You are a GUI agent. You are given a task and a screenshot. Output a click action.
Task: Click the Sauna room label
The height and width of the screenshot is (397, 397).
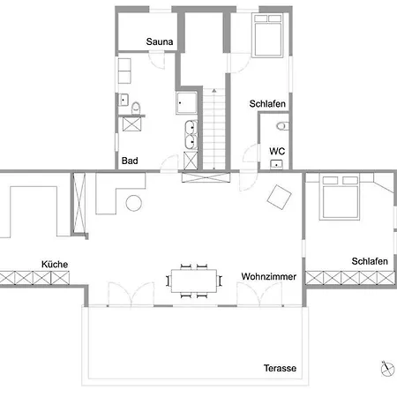point(160,41)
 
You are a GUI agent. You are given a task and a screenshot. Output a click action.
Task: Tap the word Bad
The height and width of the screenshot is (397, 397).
point(130,161)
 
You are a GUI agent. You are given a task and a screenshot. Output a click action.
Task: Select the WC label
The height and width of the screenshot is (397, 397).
point(277,151)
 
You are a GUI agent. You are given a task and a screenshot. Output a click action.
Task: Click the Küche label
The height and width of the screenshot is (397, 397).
point(55,264)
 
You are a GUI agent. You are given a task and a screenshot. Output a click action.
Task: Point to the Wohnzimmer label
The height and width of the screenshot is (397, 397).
point(269,276)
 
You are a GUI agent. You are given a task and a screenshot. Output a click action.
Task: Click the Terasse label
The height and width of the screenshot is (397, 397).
point(280,368)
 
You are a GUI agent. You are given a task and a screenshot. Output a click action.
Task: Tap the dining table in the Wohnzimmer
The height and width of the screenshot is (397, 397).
point(194,281)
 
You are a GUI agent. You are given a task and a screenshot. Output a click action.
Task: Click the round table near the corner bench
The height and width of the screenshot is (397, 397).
point(134,203)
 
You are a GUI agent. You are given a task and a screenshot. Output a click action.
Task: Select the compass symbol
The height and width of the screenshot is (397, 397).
point(387,369)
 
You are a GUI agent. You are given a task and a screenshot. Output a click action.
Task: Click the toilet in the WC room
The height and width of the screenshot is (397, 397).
point(282,126)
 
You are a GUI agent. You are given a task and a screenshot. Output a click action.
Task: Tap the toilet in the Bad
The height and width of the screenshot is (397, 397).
point(136,109)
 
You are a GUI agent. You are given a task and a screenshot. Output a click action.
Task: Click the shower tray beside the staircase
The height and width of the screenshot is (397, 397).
point(186,102)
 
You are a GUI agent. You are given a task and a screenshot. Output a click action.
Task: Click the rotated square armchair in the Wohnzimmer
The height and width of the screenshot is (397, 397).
point(280,197)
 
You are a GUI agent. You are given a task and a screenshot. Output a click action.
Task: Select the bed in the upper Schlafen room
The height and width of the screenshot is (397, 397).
point(267,34)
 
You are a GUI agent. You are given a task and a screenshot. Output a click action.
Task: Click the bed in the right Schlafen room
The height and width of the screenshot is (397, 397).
point(340,198)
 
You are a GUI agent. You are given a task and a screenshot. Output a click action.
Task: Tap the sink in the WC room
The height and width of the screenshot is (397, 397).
point(276,164)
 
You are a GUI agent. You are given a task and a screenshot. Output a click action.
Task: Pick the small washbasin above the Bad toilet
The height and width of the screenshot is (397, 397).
point(124,100)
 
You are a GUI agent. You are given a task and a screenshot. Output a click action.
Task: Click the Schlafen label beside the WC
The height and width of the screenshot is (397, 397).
point(267,103)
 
